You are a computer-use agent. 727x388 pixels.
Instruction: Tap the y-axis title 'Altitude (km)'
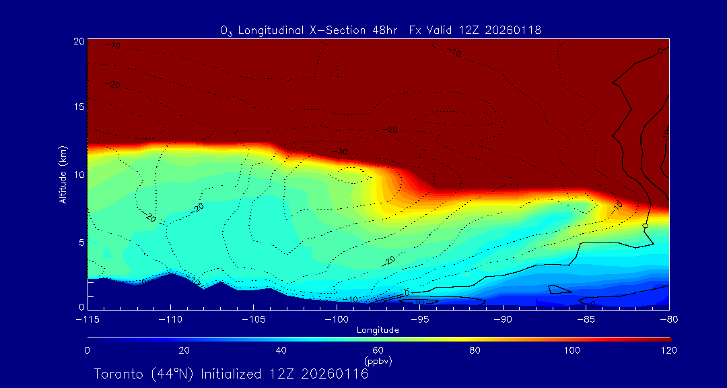[63, 174]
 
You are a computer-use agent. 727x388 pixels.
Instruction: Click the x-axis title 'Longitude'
[378, 330]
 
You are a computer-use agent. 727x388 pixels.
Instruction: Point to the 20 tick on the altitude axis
[78, 41]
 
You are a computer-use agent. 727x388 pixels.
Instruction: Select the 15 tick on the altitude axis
[78, 108]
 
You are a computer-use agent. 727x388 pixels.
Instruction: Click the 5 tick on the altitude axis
[81, 241]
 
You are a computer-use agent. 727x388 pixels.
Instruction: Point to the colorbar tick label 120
[669, 350]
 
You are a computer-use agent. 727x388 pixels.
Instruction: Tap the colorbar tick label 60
[378, 350]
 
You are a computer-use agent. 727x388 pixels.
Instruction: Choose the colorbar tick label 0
[88, 350]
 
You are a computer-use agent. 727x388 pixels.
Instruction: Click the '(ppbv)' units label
[378, 361]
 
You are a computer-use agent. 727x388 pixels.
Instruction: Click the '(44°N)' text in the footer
[172, 374]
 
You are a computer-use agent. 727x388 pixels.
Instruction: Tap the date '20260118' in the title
[514, 30]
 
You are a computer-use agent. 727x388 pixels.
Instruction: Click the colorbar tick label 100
[572, 350]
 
